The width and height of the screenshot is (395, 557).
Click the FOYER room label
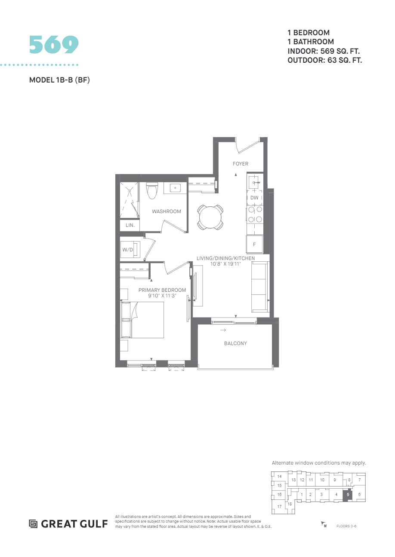tap(241, 164)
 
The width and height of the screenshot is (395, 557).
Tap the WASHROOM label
tap(167, 211)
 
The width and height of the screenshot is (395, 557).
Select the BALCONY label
tap(235, 343)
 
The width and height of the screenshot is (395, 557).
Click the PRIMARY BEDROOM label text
tap(162, 290)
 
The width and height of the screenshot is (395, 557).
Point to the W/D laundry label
tap(128, 249)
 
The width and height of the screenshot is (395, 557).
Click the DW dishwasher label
tap(254, 198)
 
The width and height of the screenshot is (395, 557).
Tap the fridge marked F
tap(254, 245)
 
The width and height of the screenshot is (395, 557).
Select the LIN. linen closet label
tap(130, 225)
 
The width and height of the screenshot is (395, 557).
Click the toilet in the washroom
tap(152, 190)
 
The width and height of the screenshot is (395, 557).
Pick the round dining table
tap(210, 217)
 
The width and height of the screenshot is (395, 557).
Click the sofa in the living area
tap(259, 287)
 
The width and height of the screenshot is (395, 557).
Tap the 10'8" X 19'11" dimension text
tap(225, 263)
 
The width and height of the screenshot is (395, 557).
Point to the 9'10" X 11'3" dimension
tap(162, 296)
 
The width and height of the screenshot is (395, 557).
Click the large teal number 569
tap(54, 45)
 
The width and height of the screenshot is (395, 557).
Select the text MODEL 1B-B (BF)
tap(59, 80)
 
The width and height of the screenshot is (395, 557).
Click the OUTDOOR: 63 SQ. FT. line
tap(324, 60)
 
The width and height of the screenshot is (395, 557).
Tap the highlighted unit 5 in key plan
tap(348, 495)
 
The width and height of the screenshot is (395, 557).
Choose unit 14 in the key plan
tap(279, 477)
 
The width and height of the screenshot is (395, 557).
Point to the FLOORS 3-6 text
tap(346, 526)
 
